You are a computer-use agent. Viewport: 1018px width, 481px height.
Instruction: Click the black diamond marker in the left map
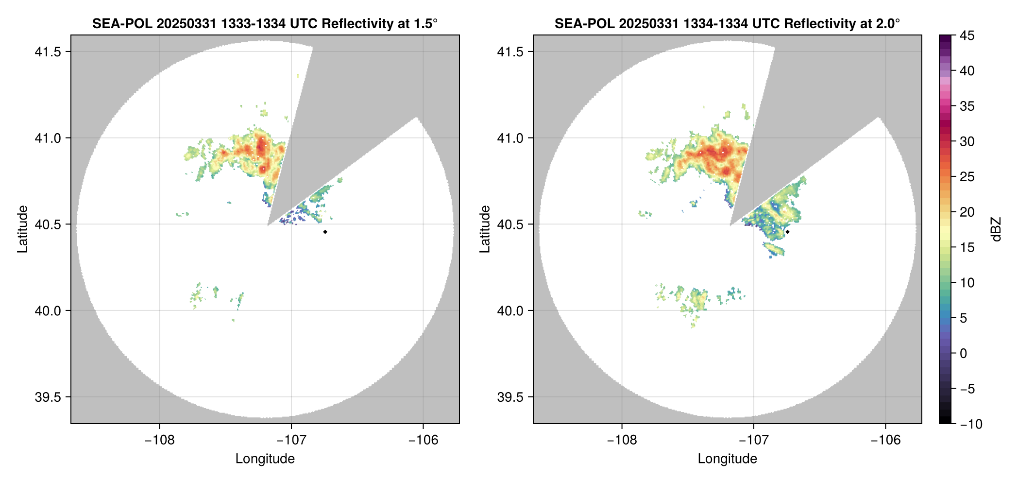coord(325,232)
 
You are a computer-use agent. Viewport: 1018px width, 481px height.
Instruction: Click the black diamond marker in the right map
coord(787,232)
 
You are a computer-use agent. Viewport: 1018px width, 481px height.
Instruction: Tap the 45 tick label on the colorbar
coord(967,35)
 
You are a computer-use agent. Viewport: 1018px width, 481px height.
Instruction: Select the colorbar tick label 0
coord(964,353)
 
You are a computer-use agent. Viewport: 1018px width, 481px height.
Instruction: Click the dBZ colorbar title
coord(996,229)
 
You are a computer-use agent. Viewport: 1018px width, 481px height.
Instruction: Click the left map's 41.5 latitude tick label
coord(47,52)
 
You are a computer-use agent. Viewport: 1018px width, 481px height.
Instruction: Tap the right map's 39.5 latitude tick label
coord(509,397)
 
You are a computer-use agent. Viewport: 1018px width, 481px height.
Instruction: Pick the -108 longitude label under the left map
coord(159,440)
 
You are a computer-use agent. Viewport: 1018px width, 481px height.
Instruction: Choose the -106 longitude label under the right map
coord(886,440)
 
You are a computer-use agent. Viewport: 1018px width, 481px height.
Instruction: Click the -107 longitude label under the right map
coord(754,440)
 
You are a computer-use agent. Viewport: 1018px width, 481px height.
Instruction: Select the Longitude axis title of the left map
coord(265,459)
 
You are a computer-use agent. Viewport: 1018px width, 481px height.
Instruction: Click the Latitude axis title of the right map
coord(485,229)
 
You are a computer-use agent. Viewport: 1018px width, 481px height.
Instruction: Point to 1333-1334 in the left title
coord(253,23)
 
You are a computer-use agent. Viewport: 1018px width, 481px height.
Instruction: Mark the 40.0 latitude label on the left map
coord(47,311)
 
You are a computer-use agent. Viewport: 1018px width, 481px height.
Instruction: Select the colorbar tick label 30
coord(967,141)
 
